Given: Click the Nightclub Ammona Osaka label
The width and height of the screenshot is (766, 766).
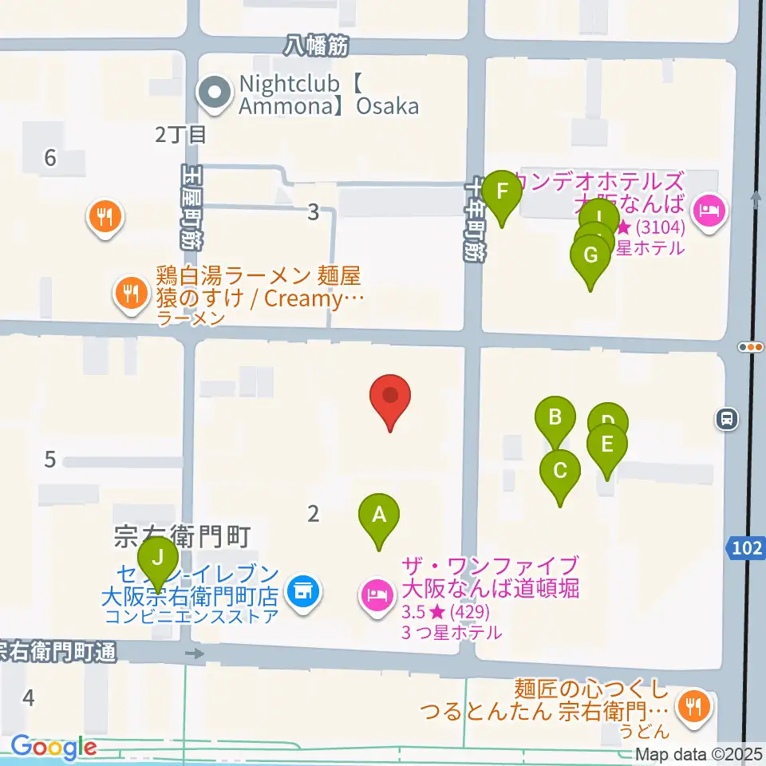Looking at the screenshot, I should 329,94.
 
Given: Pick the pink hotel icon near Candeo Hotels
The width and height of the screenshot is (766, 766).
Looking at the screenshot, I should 708,211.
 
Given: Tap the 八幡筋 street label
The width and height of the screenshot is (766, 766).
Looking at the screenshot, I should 317,47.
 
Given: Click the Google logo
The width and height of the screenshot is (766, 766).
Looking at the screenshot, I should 53,748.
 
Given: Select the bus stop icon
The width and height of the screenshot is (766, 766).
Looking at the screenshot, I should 727,417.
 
